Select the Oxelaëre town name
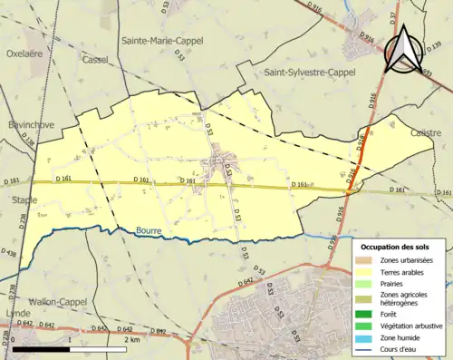point(25,53)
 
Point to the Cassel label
point(94,60)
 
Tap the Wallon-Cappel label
point(53,300)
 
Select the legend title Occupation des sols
point(400,247)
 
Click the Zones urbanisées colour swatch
point(366,260)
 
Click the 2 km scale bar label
point(132,339)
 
